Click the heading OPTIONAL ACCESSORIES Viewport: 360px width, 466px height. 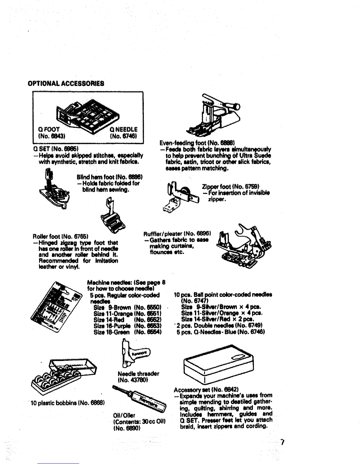point(66,83)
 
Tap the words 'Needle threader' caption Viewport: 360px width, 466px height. point(138,374)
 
